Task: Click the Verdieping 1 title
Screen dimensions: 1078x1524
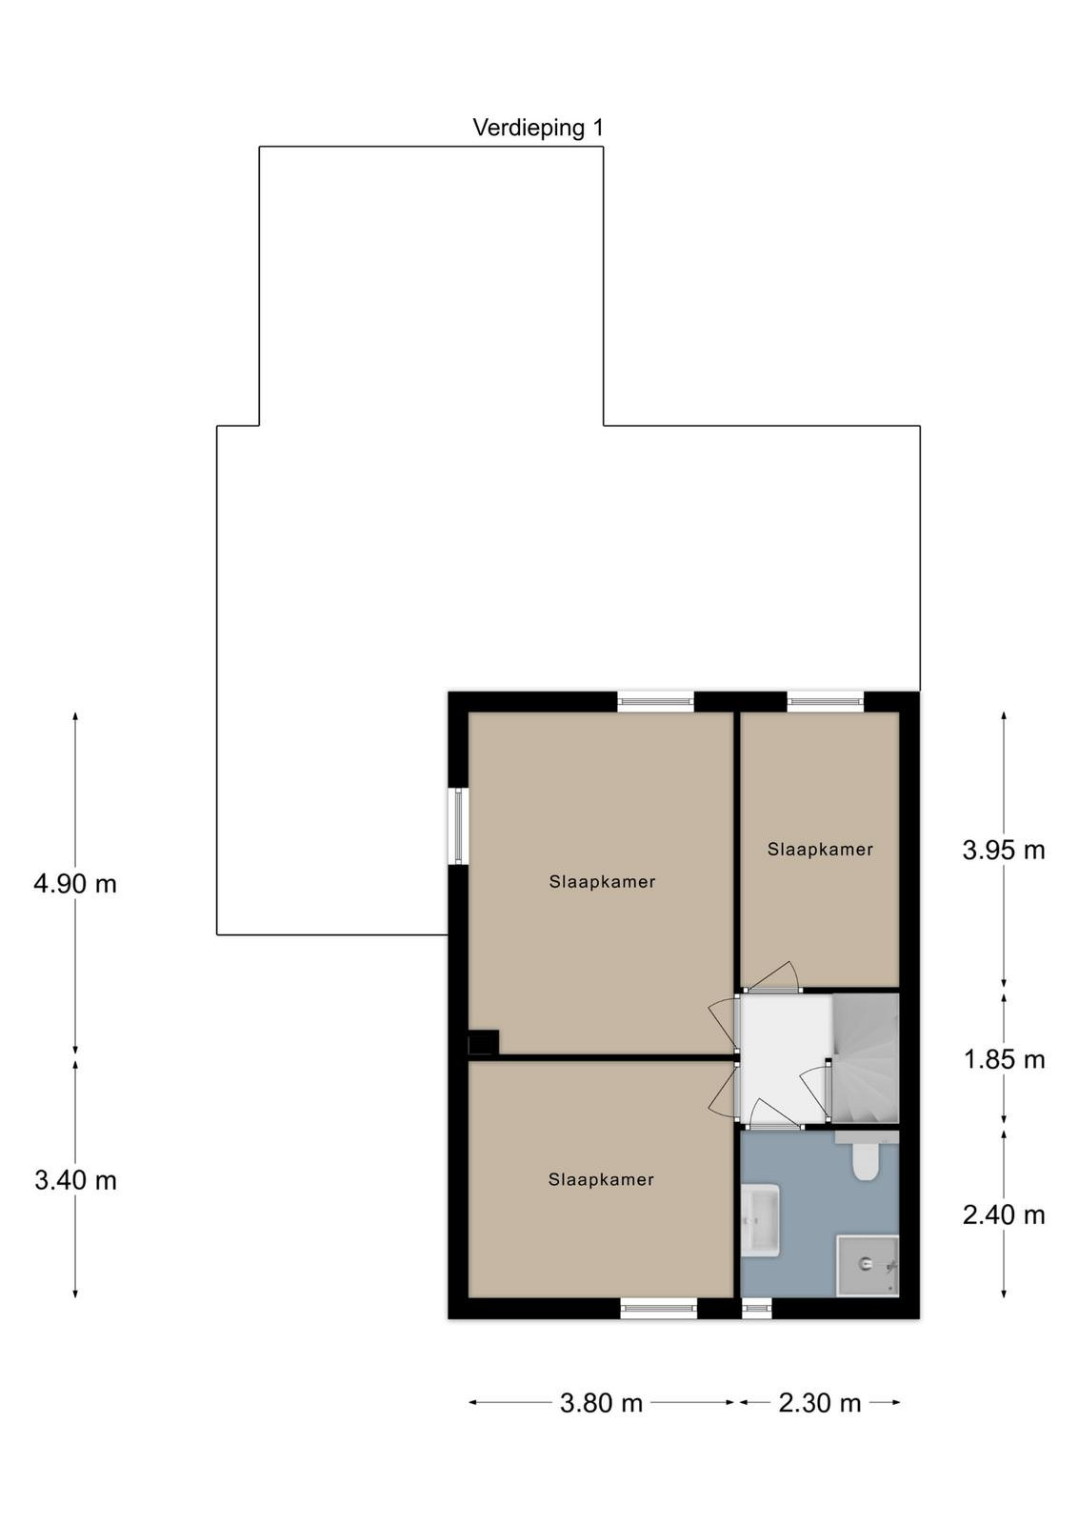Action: point(538,128)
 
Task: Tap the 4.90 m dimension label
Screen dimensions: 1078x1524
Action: point(75,884)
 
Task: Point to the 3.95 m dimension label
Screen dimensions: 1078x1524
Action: point(1003,850)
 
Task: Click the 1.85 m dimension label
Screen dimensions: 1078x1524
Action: point(1004,1059)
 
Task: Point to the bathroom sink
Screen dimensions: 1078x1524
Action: point(760,1219)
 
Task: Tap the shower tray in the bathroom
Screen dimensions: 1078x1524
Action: point(868,1266)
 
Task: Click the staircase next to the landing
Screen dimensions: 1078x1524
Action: point(865,1057)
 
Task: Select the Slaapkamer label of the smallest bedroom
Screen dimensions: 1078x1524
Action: point(820,849)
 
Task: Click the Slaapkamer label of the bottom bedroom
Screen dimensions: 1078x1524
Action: point(601,1179)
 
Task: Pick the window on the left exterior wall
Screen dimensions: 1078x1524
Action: point(458,827)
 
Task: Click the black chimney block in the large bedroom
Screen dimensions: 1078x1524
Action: point(484,1042)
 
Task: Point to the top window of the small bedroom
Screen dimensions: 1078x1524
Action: point(826,702)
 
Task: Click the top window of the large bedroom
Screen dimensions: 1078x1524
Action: point(655,702)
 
